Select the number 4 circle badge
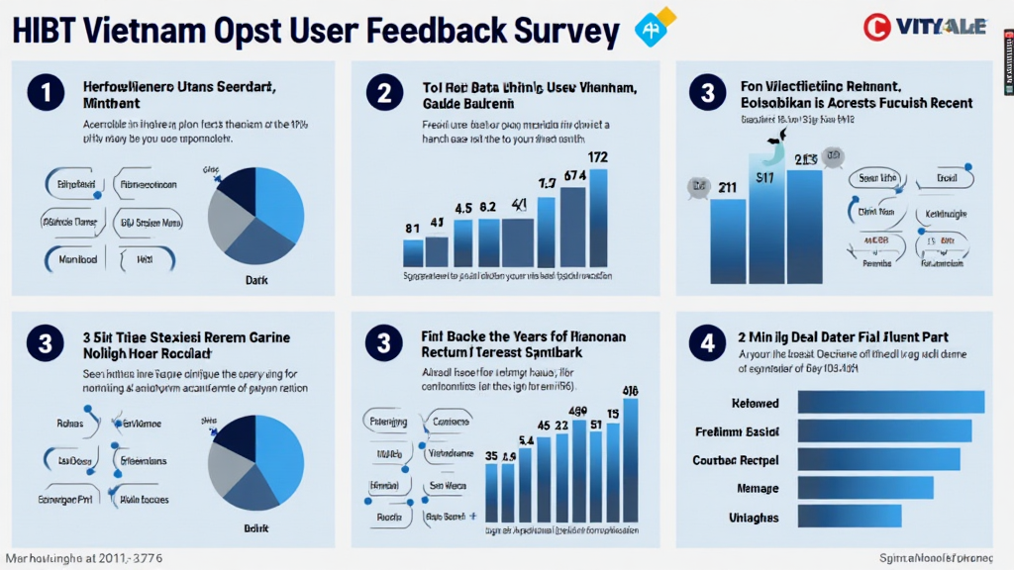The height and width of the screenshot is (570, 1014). point(706,343)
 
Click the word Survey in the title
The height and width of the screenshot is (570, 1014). point(550,32)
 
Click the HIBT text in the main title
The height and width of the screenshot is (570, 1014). point(47,32)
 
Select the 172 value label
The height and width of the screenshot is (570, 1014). point(597,156)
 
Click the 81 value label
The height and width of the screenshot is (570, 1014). point(413,229)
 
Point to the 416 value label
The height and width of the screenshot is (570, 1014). point(630,389)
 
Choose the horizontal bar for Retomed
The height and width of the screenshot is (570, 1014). point(890,402)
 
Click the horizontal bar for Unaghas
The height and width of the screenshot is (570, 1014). point(849,517)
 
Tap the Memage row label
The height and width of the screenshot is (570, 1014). point(758,488)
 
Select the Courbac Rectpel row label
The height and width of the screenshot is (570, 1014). point(735,460)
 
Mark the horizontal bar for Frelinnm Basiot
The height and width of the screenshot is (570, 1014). point(883,430)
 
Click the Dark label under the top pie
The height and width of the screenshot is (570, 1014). point(256,280)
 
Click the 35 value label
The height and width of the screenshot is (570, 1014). point(491,456)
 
